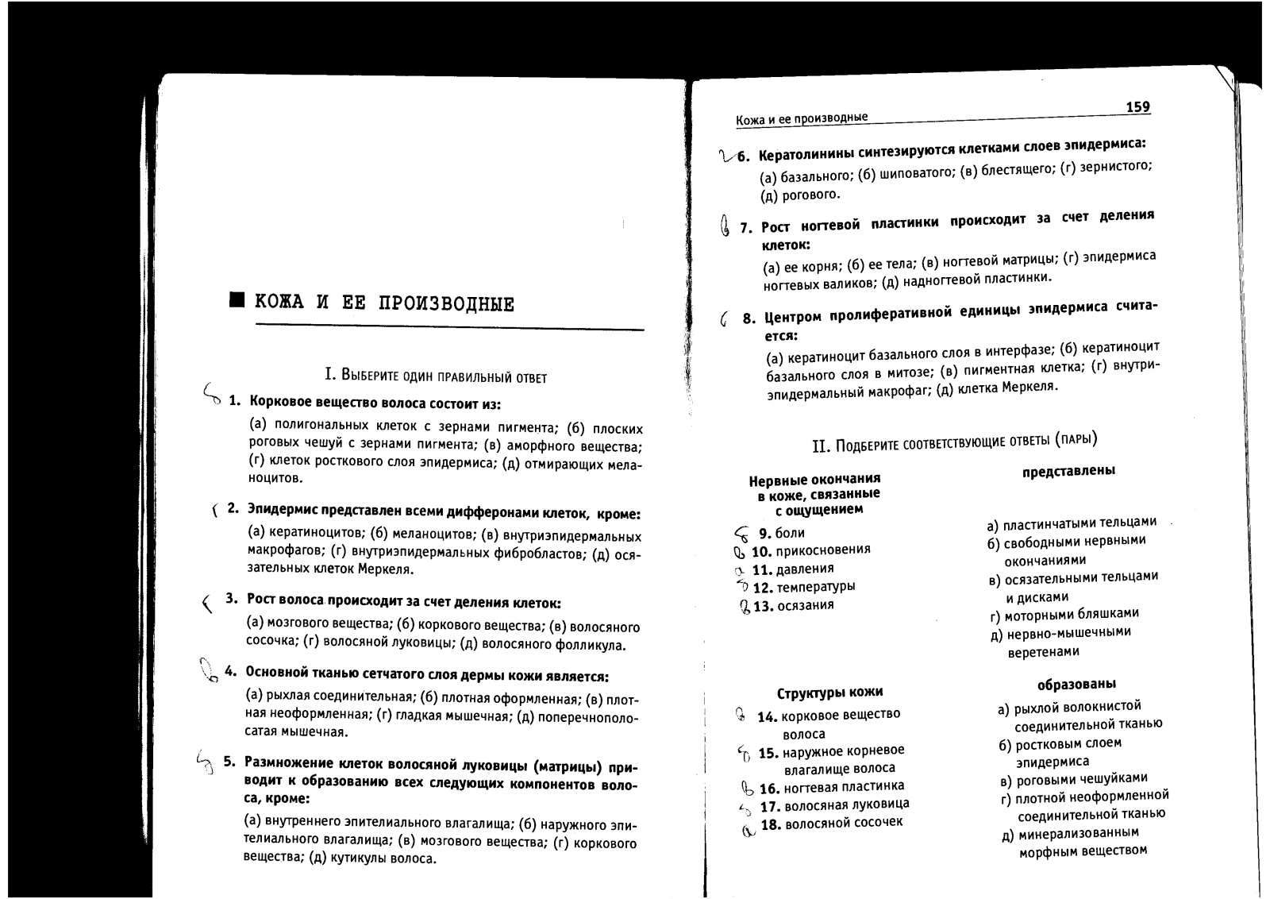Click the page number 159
coord(1137,107)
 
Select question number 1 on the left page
coord(235,400)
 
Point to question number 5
coord(229,761)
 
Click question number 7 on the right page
coord(746,228)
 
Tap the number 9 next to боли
coord(765,533)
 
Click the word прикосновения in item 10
coord(822,550)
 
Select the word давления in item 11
coord(805,569)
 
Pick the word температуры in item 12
coord(816,588)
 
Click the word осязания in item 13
coord(806,605)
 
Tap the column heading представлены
coord(1068,471)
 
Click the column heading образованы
coord(1076,684)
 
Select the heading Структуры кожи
coord(829,692)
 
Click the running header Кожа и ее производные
coord(802,119)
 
